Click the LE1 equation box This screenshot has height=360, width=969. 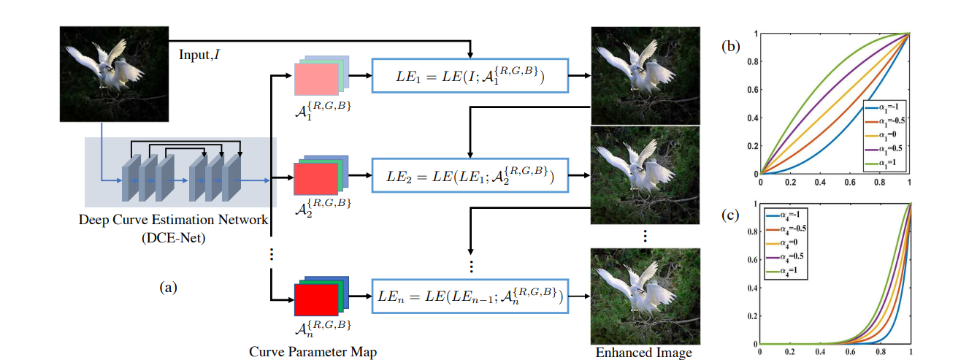pyautogui.click(x=470, y=75)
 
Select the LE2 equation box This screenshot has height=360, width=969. pyautogui.click(x=470, y=176)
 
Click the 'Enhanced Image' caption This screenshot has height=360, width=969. pyautogui.click(x=643, y=353)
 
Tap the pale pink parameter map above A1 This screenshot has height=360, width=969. pyautogui.click(x=316, y=78)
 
